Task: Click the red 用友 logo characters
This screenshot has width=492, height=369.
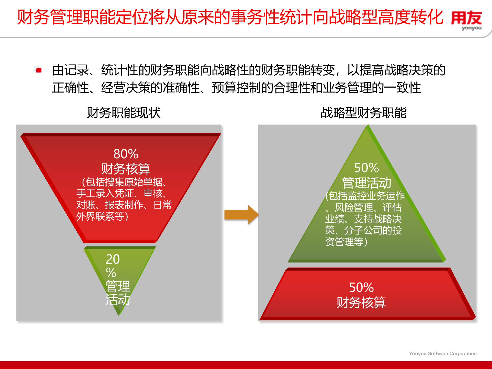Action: tap(466, 18)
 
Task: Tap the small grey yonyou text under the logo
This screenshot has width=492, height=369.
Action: tap(471, 28)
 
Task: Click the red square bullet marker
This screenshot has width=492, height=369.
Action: tap(39, 70)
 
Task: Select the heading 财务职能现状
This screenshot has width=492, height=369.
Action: tap(124, 113)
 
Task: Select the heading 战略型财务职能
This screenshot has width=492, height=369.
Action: tap(363, 113)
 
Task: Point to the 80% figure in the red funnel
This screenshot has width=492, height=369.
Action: tap(126, 154)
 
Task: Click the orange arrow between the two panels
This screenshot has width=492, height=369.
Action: tap(241, 215)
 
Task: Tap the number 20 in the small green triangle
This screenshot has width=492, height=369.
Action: tap(113, 259)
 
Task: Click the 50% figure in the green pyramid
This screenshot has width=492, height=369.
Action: tap(366, 168)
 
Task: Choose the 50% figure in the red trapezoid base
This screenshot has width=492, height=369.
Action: tap(361, 288)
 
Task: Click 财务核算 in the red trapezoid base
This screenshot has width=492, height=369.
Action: tap(361, 303)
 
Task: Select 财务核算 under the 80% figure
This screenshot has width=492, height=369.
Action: tap(126, 169)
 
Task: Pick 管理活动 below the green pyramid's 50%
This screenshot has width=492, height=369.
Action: tap(366, 183)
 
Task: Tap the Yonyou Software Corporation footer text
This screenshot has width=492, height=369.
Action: tap(443, 354)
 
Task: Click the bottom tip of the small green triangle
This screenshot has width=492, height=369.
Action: tap(119, 314)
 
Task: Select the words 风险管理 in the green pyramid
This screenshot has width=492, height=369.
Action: tap(354, 208)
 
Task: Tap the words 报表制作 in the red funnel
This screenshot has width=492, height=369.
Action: tap(124, 205)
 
